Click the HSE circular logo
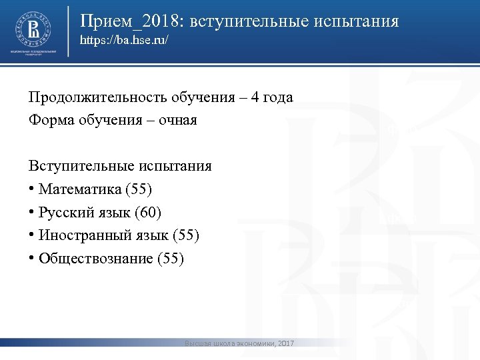[32, 29]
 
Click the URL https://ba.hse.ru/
[124, 41]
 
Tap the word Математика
[79, 189]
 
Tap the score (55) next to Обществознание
[169, 258]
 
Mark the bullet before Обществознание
[31, 258]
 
